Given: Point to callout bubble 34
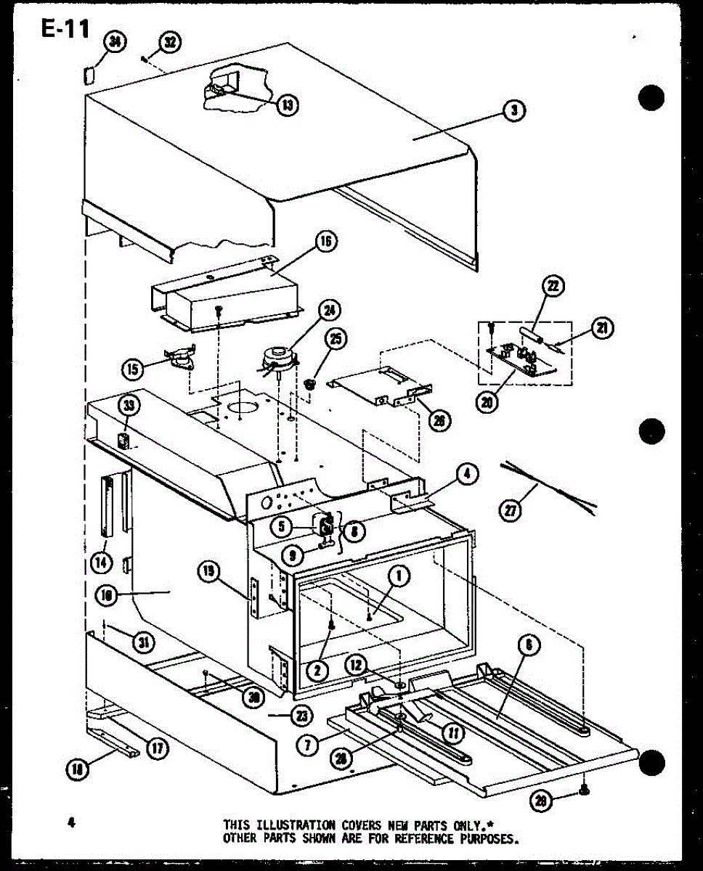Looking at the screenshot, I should [x=114, y=42].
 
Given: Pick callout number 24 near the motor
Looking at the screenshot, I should [x=330, y=311].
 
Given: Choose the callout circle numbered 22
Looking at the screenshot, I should [x=553, y=287].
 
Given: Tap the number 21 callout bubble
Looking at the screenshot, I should [x=601, y=329].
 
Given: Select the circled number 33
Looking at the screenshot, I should [x=129, y=404].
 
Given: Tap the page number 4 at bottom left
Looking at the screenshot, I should [x=71, y=822].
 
